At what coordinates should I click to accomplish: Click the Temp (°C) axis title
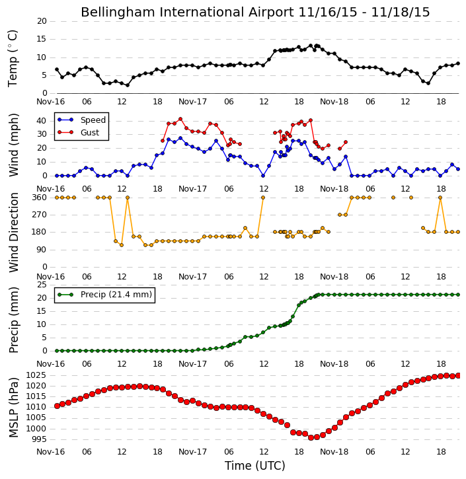13,59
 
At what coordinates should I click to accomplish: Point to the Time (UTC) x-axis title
255,466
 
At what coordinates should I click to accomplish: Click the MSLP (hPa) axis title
13,408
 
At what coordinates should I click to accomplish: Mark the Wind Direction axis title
13,233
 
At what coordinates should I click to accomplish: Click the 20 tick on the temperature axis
42,21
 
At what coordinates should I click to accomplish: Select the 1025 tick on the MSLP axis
36,375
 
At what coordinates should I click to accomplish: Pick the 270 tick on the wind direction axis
40,215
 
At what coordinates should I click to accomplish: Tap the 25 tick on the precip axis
42,285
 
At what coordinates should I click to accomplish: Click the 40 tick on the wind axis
42,121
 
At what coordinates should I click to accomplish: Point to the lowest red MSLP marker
311,438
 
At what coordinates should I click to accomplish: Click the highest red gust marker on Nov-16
180,119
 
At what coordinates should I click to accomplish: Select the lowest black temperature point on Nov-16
128,85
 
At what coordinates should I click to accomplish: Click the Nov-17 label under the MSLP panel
192,452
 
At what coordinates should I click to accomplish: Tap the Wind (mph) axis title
13,145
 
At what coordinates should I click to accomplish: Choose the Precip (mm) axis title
13,320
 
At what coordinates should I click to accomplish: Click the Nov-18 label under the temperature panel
334,102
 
